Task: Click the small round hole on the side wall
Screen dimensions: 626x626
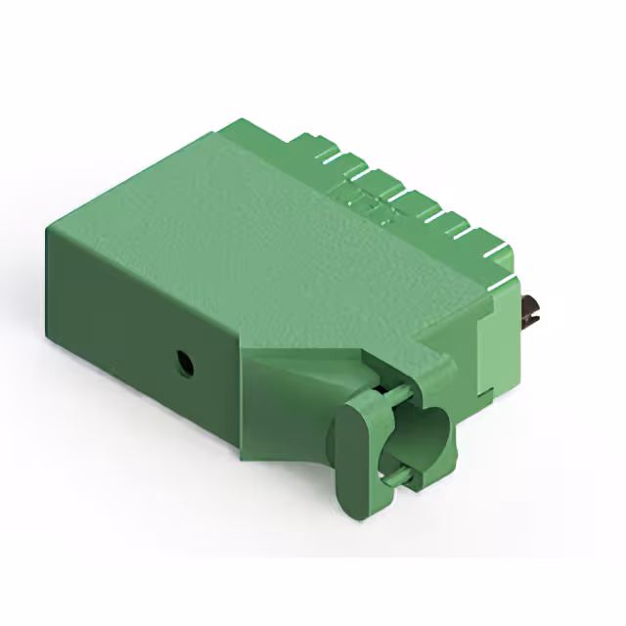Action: [183, 365]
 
